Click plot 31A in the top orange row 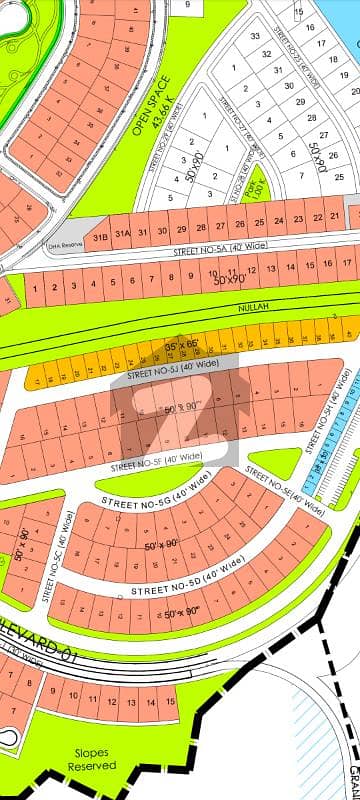click(122, 234)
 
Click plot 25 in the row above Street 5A click(259, 222)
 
